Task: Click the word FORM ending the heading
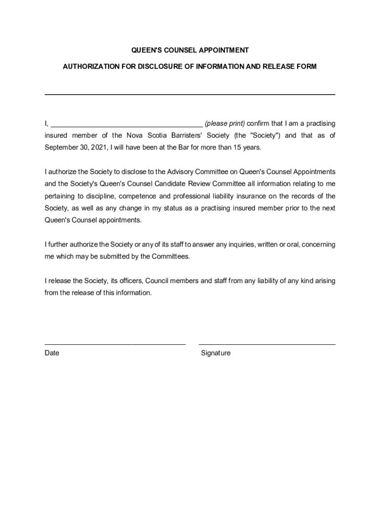tap(306, 66)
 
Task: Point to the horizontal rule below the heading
tap(190, 94)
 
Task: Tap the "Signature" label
tap(216, 353)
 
